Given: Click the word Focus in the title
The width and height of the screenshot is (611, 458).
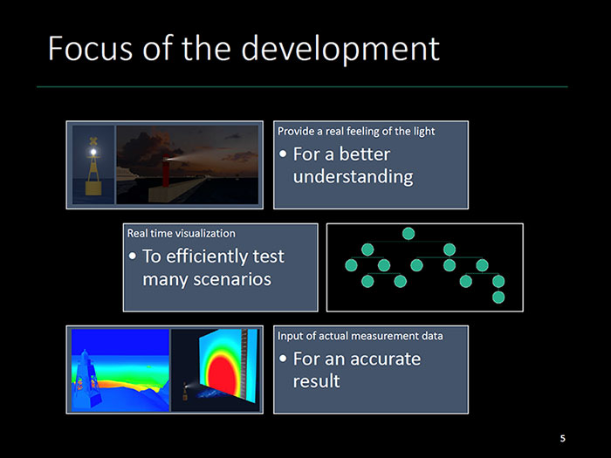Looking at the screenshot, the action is pyautogui.click(x=91, y=48).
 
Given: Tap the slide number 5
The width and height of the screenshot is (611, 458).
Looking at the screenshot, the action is pyautogui.click(x=562, y=439).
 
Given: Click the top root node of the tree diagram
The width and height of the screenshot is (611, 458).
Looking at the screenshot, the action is pyautogui.click(x=408, y=234).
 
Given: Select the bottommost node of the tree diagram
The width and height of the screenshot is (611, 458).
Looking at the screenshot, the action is pyautogui.click(x=498, y=297).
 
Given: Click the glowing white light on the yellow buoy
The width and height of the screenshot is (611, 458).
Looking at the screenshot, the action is pyautogui.click(x=93, y=153).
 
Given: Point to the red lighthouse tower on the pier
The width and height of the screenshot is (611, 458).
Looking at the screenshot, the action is pyautogui.click(x=166, y=171).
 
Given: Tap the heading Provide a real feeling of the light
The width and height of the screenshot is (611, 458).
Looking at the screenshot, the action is pyautogui.click(x=356, y=131).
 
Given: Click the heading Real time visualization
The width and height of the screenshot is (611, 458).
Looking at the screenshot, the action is pyautogui.click(x=182, y=233).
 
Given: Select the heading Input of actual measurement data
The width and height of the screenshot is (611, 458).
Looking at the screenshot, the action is pyautogui.click(x=360, y=336).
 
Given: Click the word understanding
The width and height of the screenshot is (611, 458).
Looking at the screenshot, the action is pyautogui.click(x=353, y=177).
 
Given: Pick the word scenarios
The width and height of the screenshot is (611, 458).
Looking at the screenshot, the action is pyautogui.click(x=207, y=279).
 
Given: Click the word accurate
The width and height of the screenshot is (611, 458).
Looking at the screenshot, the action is pyautogui.click(x=386, y=359).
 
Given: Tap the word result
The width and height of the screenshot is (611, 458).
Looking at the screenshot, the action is pyautogui.click(x=316, y=381).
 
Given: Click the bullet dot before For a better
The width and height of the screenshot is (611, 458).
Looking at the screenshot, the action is pyautogui.click(x=283, y=154).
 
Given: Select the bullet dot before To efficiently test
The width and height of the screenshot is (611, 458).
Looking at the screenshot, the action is pyautogui.click(x=133, y=256).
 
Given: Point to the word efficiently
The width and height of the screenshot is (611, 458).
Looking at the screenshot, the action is pyautogui.click(x=206, y=257).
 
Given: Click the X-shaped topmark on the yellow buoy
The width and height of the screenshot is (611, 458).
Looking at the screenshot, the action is pyautogui.click(x=93, y=141).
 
